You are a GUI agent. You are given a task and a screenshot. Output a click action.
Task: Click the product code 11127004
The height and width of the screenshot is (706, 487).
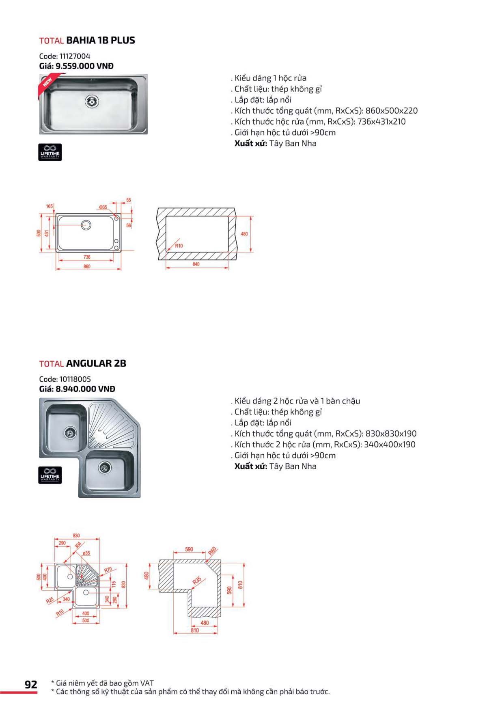point(75,56)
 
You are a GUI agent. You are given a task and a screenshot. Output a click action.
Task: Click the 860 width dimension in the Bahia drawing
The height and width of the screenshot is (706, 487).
point(87,267)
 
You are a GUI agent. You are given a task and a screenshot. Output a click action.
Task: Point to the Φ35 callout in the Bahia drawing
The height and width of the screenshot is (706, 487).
point(103,207)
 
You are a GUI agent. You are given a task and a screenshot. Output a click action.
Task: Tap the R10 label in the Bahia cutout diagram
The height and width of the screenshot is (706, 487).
point(179,246)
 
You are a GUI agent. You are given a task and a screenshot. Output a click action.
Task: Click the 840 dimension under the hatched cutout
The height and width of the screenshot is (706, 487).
point(196,264)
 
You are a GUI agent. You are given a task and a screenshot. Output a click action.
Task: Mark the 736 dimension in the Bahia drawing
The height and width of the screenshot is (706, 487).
point(87,257)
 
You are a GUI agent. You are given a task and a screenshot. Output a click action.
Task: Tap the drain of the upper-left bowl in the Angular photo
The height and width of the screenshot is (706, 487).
point(70,433)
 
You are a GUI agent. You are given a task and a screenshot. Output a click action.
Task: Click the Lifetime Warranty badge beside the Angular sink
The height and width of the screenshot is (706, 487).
point(50,475)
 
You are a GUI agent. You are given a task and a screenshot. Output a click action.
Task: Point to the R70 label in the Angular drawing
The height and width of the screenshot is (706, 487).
point(108,570)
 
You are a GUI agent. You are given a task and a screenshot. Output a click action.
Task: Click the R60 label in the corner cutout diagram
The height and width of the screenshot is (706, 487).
point(212,551)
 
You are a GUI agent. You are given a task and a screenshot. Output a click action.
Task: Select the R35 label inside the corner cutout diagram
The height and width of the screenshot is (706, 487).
point(197,581)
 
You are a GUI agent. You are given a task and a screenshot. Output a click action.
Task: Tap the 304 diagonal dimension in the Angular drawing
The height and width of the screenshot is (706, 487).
point(78,545)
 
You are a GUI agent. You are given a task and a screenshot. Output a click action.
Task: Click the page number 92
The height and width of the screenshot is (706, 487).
point(31,685)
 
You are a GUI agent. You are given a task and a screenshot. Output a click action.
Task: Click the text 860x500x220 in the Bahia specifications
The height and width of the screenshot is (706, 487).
point(391,111)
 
